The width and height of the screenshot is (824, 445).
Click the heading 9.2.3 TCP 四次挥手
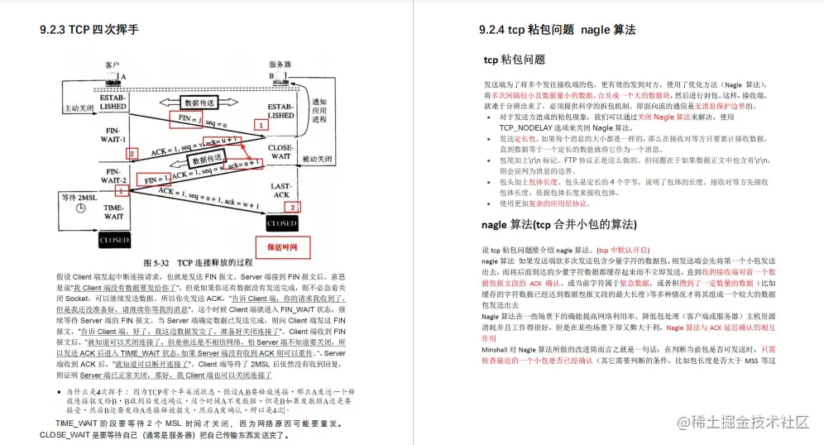tap(89, 30)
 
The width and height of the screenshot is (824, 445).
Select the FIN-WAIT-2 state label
tap(113, 175)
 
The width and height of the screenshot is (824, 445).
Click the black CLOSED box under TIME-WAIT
tap(113, 240)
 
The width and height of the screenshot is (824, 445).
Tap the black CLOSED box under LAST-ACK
tap(280, 223)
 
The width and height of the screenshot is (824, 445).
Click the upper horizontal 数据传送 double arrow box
tap(199, 103)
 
